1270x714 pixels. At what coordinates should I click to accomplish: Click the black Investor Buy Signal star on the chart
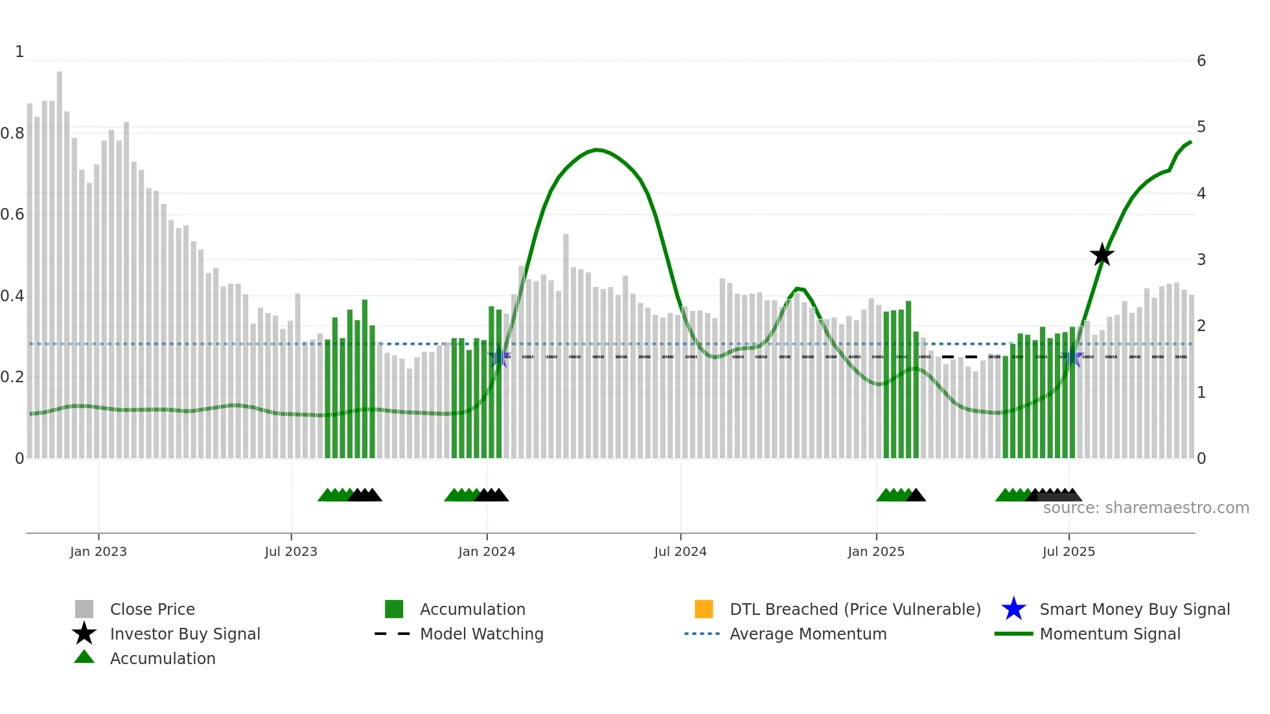(x=1102, y=255)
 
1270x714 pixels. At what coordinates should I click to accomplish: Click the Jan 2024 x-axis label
(x=487, y=551)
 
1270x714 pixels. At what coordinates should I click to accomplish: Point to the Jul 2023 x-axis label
(x=291, y=551)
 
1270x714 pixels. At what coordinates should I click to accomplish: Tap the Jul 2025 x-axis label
(x=1068, y=551)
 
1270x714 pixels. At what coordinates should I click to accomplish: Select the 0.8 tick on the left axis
(x=12, y=133)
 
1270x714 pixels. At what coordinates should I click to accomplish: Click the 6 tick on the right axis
(x=1201, y=61)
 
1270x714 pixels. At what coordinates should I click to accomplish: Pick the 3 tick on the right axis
(x=1201, y=260)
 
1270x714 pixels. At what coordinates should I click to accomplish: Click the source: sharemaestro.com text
(x=1146, y=508)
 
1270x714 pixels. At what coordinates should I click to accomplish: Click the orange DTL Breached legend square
(x=704, y=609)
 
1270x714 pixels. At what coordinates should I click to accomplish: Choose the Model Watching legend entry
(x=481, y=634)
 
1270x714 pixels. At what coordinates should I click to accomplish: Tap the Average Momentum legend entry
(x=807, y=634)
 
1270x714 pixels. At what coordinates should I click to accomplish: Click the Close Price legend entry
(x=152, y=609)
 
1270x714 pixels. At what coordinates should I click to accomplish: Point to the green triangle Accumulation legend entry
(x=162, y=658)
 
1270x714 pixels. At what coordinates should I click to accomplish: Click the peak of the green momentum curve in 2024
(x=597, y=150)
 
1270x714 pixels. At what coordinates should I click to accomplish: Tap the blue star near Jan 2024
(x=499, y=357)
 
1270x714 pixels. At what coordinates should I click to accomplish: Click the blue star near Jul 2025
(x=1073, y=357)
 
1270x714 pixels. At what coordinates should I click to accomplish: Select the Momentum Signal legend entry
(x=1109, y=634)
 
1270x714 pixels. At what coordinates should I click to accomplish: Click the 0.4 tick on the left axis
(x=12, y=296)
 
